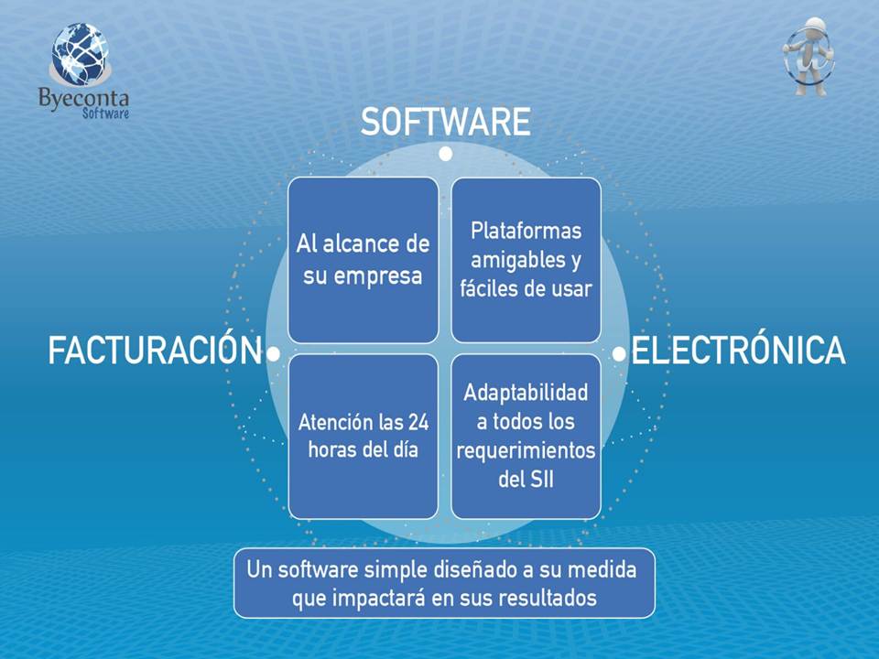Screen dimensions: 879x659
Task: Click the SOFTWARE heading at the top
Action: click(446, 122)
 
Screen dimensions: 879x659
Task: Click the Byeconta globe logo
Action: click(81, 54)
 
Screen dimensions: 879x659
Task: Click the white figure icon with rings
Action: click(808, 56)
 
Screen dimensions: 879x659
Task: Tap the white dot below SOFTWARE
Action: click(446, 154)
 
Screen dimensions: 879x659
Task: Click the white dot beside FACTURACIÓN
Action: click(274, 354)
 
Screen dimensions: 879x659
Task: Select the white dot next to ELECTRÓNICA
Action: click(619, 354)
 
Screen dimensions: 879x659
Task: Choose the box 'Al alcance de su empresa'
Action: click(364, 260)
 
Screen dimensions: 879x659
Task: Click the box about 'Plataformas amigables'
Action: click(526, 260)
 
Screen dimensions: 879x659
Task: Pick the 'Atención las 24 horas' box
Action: click(364, 437)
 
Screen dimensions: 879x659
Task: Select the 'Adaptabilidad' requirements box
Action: click(526, 437)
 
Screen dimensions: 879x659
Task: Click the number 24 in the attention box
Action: click(418, 422)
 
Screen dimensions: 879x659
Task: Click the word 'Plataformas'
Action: click(526, 231)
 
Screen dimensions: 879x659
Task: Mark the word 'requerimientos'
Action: click(526, 451)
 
